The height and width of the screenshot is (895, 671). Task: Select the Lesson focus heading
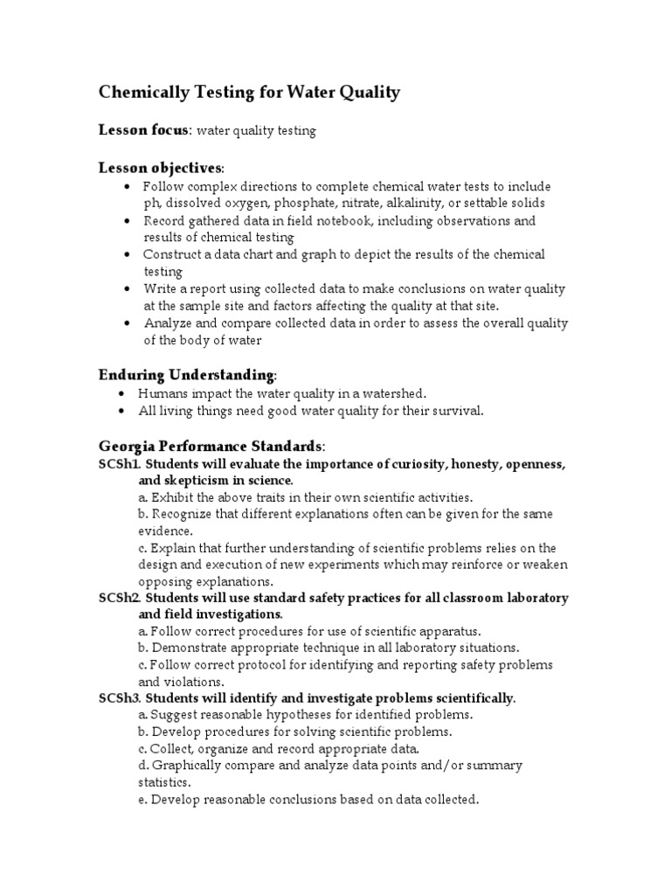(143, 130)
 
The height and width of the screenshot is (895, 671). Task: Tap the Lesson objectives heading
(160, 168)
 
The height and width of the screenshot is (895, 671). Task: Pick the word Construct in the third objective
(173, 254)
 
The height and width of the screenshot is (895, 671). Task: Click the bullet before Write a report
(128, 289)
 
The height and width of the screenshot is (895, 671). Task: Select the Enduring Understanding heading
(186, 375)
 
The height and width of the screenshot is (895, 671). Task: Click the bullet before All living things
(121, 411)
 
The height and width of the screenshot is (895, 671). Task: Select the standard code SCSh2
(119, 599)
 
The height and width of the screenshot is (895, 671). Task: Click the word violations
(195, 682)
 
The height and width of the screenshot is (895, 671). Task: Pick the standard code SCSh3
(119, 698)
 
